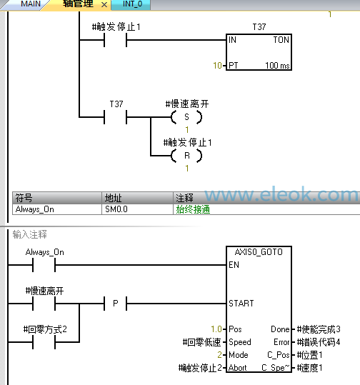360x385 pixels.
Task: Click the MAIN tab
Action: point(30,4)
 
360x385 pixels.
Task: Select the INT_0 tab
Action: point(132,4)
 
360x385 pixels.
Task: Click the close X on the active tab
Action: point(104,5)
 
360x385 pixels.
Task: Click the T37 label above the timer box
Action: point(259,26)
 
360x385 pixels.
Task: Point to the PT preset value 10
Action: point(218,66)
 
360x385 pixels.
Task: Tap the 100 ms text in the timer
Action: point(277,66)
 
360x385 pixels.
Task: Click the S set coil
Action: point(186,117)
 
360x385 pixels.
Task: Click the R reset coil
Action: point(186,156)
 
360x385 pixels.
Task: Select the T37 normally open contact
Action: point(116,117)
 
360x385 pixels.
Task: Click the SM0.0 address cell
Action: point(116,209)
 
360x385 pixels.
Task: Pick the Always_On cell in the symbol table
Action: point(34,209)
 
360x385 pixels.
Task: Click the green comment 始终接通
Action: point(193,209)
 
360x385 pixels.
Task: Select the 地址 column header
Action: point(113,198)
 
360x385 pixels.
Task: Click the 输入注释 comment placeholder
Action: point(30,234)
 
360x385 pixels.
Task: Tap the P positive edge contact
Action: point(116,304)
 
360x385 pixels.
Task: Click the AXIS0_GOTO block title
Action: point(259,252)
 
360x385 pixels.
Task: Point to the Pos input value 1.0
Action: point(216,329)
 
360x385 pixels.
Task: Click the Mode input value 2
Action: point(219,355)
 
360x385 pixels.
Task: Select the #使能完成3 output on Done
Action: point(319,329)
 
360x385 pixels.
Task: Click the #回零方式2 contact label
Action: point(45,329)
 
